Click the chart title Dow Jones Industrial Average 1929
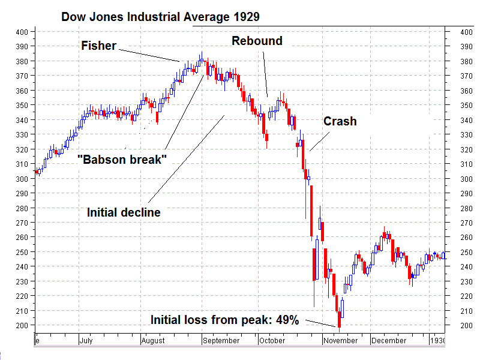pyautogui.click(x=161, y=16)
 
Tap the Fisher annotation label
pyautogui.click(x=98, y=46)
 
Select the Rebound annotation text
pyautogui.click(x=257, y=41)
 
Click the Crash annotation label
pyautogui.click(x=340, y=121)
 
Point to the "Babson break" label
pyautogui.click(x=122, y=159)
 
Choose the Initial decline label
pyautogui.click(x=124, y=212)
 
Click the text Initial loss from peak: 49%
pyautogui.click(x=224, y=320)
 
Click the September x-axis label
pyautogui.click(x=221, y=340)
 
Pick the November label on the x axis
pyautogui.click(x=340, y=340)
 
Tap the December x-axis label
pyautogui.click(x=389, y=340)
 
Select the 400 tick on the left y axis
pyautogui.click(x=22, y=32)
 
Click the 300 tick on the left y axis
pyautogui.click(x=22, y=179)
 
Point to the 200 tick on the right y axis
pyautogui.click(x=466, y=325)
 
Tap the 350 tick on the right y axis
pyautogui.click(x=466, y=105)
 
